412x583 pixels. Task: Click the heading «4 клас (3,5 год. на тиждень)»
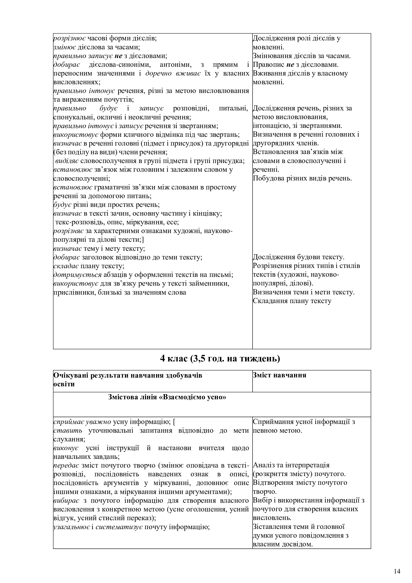(x=220, y=358)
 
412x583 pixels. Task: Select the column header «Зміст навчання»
(x=279, y=375)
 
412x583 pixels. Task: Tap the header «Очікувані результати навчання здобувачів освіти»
(x=128, y=379)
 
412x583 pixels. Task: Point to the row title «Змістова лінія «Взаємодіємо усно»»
(x=167, y=397)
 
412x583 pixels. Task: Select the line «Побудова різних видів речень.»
(x=302, y=178)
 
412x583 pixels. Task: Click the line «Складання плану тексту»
(x=292, y=301)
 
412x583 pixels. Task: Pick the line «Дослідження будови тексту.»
(x=298, y=257)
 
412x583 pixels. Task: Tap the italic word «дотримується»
(x=77, y=275)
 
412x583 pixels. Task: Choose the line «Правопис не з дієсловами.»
(x=296, y=65)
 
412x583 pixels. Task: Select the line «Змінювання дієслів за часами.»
(x=302, y=56)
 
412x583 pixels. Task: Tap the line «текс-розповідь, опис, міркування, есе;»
(x=117, y=222)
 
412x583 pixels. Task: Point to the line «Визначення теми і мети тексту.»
(x=303, y=292)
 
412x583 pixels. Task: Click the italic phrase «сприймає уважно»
(x=82, y=422)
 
